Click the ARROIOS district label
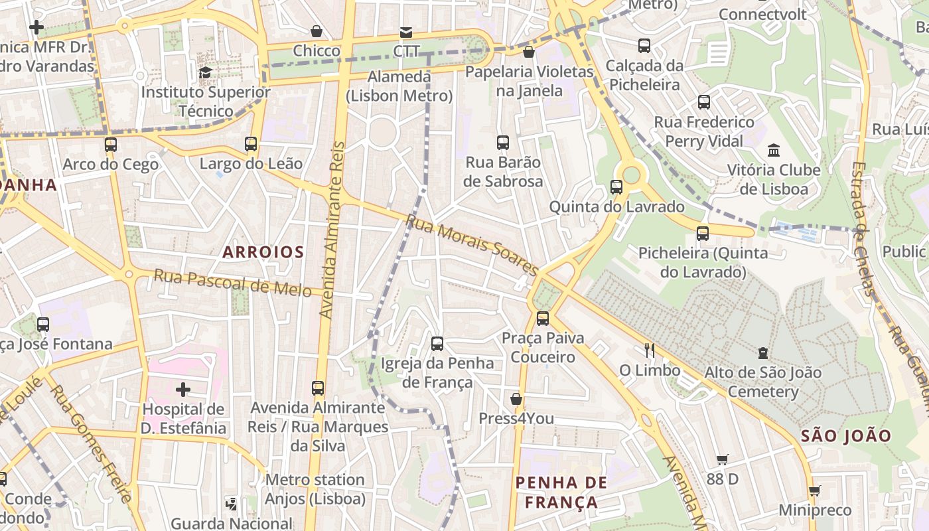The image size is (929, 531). pos(263,252)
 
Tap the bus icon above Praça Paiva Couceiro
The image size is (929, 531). pos(543,319)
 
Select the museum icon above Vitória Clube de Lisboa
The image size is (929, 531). pos(773,150)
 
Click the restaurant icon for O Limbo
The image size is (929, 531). pos(649,350)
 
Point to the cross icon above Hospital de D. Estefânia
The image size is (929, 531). pos(183,389)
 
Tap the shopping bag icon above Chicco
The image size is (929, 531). pos(317,31)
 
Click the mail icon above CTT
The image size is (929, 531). pos(405,32)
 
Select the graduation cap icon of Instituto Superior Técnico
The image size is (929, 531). pos(206,72)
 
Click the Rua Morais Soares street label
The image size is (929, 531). pos(472,244)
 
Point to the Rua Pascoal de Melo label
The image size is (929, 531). pos(233,283)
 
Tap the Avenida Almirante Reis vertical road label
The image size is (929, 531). pos(334,229)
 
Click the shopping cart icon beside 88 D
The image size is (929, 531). pos(723,459)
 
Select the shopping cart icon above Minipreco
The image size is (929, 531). pos(814,491)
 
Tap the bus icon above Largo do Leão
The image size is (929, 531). pos(250,143)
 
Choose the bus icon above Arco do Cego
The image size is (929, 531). pos(111,144)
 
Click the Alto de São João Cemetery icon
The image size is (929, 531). pos(763,353)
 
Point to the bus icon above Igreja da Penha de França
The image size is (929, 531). pos(437,343)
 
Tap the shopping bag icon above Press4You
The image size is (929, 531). pos(516,399)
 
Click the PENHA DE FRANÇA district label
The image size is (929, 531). pos(561,492)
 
